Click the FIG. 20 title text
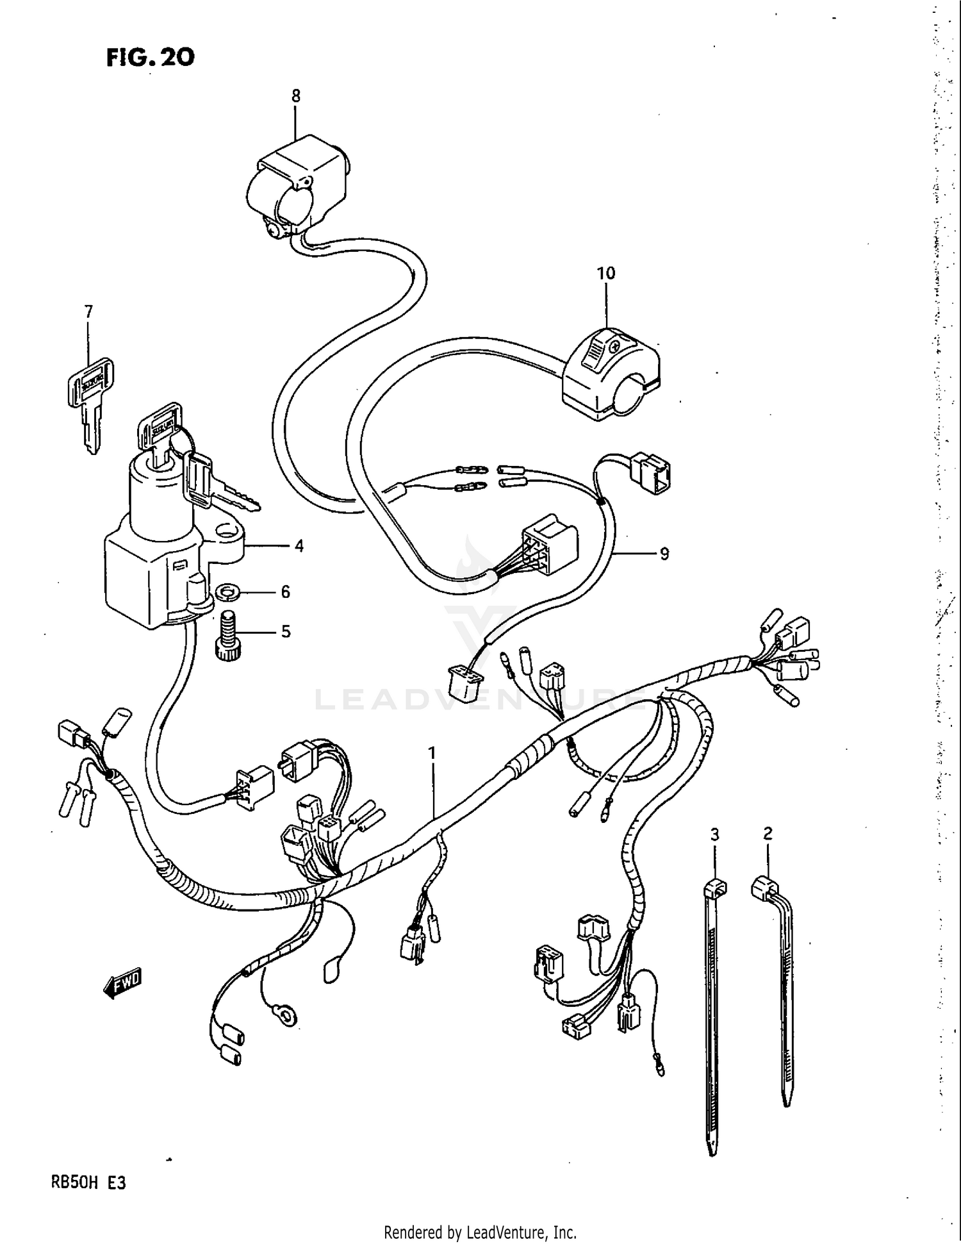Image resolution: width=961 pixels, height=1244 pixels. [x=151, y=58]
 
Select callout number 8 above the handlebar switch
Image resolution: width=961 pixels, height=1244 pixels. [x=295, y=96]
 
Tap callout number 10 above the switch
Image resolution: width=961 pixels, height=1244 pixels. [x=605, y=273]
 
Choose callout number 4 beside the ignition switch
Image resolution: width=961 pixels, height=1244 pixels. [x=299, y=546]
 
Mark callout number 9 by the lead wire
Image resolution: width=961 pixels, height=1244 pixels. [x=664, y=554]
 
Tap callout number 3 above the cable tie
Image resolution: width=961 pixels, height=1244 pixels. [x=714, y=834]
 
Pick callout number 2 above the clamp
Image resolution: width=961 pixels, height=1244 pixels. [x=768, y=833]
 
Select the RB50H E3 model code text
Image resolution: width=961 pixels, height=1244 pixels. [x=89, y=1182]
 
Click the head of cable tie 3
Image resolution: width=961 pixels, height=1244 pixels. [x=714, y=888]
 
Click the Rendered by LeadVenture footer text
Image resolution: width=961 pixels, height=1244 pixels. [x=480, y=1232]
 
